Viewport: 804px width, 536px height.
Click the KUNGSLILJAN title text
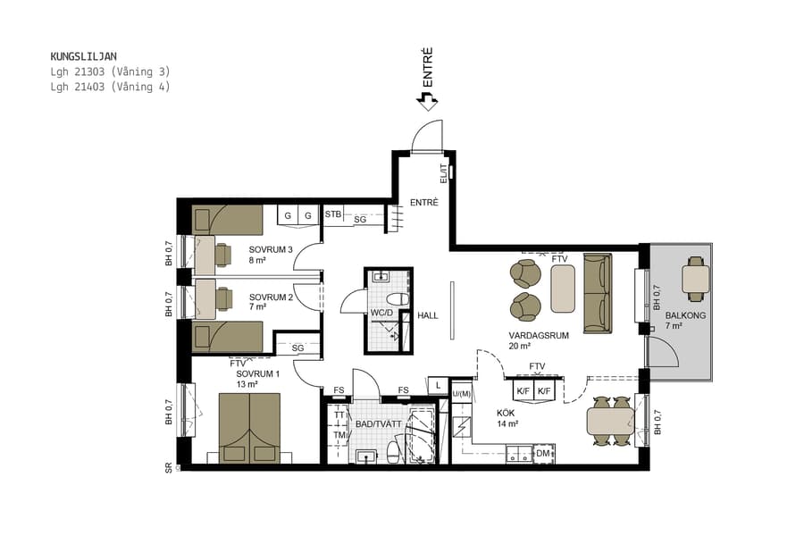tap(83, 56)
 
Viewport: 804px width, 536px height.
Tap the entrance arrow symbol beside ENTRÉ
tap(427, 102)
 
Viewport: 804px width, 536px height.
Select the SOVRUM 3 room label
tap(272, 249)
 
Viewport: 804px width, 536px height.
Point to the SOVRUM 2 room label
tap(272, 297)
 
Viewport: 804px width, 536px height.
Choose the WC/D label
tap(381, 314)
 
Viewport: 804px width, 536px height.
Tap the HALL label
tap(428, 315)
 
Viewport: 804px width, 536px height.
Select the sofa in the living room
tap(598, 293)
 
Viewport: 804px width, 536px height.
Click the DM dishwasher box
tap(542, 455)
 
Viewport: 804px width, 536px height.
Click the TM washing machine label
tap(339, 435)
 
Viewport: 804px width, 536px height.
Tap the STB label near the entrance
tap(332, 214)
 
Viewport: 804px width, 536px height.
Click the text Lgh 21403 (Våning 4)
tap(110, 87)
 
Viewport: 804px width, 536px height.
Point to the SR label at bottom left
tap(168, 467)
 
